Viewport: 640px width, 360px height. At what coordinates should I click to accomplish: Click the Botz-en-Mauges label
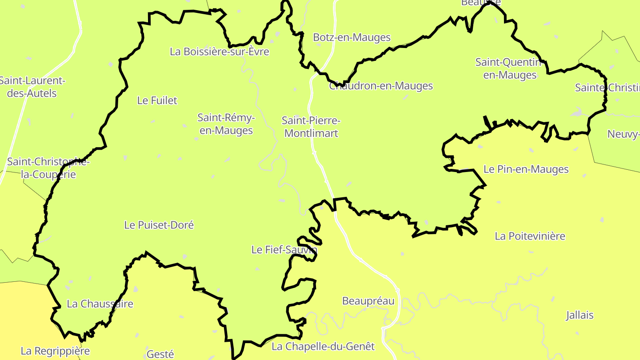coord(352,37)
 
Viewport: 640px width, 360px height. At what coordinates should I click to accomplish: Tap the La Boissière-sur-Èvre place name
coord(220,52)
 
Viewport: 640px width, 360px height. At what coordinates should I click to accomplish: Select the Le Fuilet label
coord(157,100)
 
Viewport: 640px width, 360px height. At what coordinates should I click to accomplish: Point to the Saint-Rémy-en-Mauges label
coord(226,124)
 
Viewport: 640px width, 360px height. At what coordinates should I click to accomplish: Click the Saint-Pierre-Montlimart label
coord(311,127)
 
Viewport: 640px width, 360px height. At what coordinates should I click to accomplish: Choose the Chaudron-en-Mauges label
coord(381,86)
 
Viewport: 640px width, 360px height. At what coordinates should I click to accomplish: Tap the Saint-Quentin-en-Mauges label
coord(510,68)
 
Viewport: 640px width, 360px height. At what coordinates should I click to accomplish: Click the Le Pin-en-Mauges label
coord(526,169)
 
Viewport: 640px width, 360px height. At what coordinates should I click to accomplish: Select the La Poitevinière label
coord(530,236)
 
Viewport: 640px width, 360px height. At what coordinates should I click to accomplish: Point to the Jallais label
coord(580,316)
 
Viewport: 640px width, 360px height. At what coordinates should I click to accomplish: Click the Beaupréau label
coord(368,301)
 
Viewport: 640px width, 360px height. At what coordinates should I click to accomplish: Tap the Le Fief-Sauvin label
coord(284,250)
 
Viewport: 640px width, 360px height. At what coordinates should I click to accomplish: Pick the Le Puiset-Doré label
coord(159,225)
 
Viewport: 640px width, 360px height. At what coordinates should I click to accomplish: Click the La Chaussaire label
coord(100,304)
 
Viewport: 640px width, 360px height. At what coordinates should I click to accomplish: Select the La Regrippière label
coord(55,351)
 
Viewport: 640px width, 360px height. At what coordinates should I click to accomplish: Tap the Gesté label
coord(160,354)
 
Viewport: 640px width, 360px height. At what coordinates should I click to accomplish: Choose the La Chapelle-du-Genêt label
coord(323,346)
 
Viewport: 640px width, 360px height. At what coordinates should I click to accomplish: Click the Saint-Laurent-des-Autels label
coord(32,87)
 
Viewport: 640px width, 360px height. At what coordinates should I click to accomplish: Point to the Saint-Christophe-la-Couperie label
coord(48,168)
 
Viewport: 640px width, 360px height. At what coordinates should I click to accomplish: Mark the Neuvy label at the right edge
coord(623,134)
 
